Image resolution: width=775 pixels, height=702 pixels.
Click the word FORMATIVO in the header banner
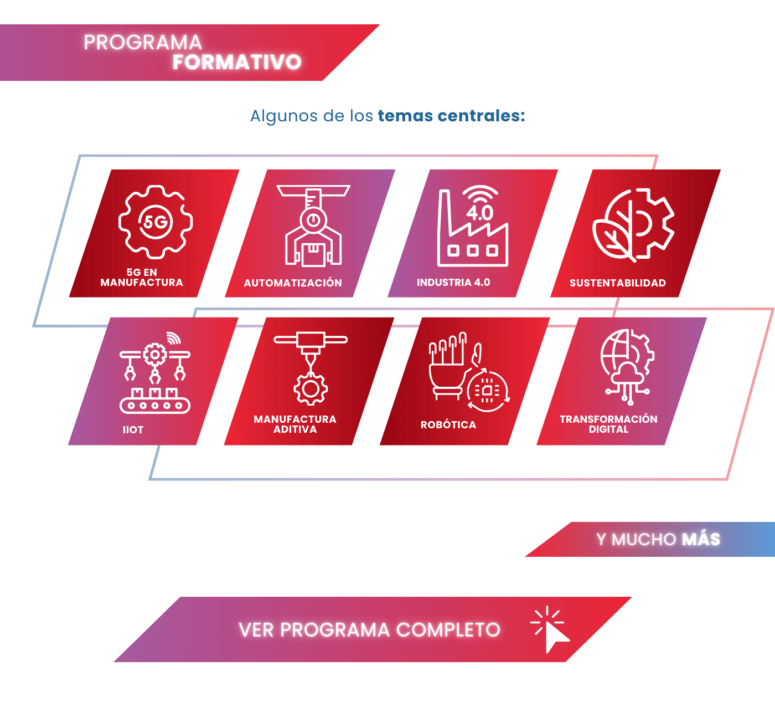pos(237,62)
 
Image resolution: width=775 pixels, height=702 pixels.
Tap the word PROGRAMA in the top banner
pos(143,42)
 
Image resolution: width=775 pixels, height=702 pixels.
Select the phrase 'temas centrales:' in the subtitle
pos(451,116)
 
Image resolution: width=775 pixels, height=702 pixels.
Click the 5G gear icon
pos(156,222)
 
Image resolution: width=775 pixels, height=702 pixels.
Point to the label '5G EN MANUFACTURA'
pos(142,278)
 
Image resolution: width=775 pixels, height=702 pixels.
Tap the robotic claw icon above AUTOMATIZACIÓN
pos(313,226)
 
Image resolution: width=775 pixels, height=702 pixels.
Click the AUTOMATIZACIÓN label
pos(293,283)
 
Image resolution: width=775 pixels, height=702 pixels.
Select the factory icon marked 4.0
pos(473,226)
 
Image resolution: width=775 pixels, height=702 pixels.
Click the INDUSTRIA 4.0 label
pos(453,283)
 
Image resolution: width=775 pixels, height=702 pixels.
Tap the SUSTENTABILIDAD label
pos(617,283)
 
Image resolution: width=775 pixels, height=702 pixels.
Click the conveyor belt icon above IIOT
pos(155,373)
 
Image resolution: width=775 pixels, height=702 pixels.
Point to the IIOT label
pos(133,430)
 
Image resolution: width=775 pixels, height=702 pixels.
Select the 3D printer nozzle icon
pos(311,368)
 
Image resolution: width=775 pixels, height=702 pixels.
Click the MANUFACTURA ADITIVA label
pos(295,424)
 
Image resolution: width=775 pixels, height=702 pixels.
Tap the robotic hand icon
pos(469,372)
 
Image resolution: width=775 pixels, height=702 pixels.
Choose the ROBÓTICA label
pos(448,424)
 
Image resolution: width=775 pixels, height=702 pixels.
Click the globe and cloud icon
pos(627,367)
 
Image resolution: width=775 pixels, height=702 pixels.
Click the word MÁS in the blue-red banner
pos(701,539)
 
